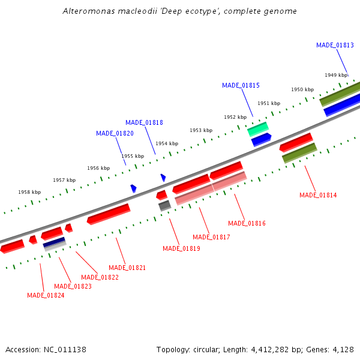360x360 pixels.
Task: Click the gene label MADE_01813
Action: (335, 45)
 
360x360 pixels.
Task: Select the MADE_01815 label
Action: (241, 85)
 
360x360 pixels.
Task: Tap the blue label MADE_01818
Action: (144, 122)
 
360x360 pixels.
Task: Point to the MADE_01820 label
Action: (115, 133)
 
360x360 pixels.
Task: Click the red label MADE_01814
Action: (318, 195)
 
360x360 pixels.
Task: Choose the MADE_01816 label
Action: (247, 223)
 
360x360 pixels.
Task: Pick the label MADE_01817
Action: (211, 237)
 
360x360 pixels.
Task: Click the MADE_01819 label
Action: (181, 248)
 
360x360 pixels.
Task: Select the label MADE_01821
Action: (127, 268)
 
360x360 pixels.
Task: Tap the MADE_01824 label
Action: (46, 295)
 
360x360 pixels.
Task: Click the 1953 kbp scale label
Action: (201, 130)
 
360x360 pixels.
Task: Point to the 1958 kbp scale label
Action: (29, 192)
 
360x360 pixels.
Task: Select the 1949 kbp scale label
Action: (336, 75)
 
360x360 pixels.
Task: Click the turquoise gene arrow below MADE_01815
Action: (258, 128)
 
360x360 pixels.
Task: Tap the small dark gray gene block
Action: (164, 206)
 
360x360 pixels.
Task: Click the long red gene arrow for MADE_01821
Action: (109, 214)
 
